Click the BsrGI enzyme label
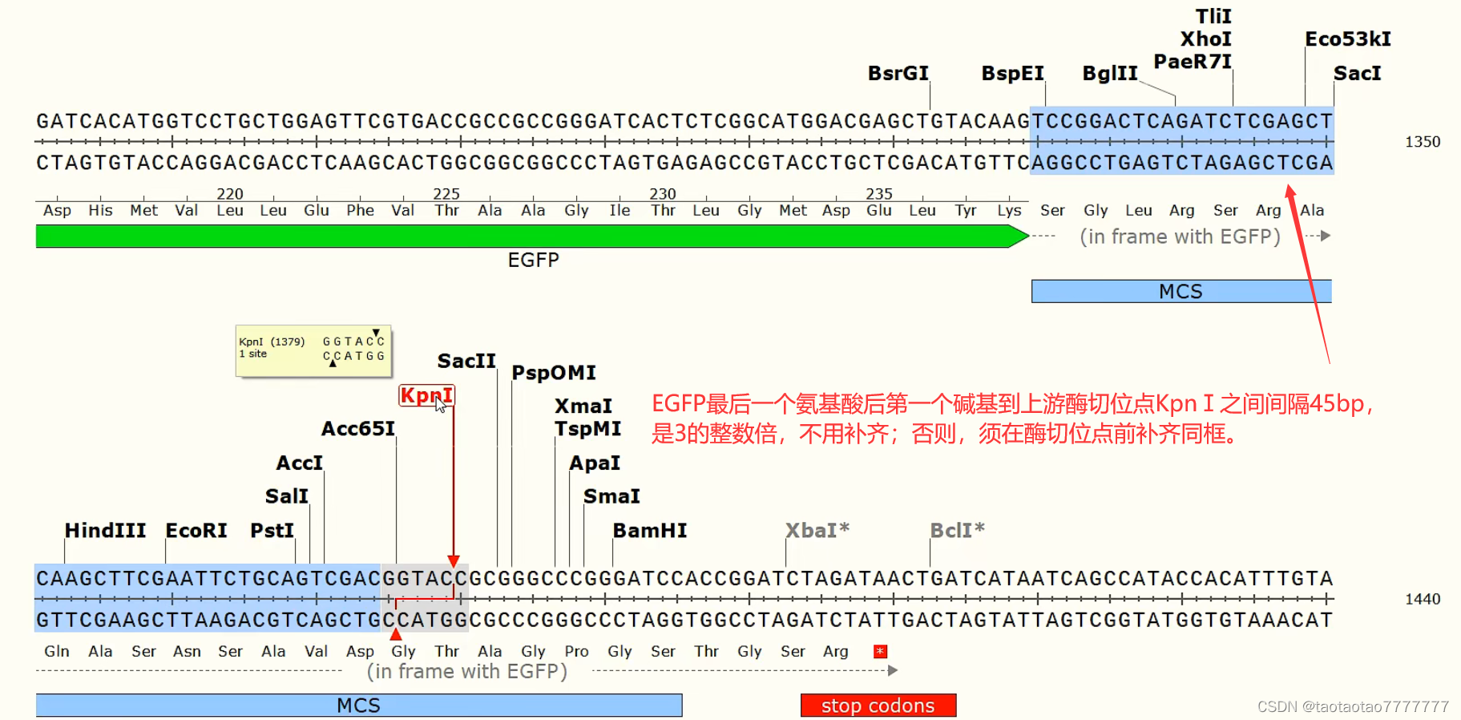[x=898, y=73]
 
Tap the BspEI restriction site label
[x=1012, y=73]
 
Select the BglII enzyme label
[x=1110, y=73]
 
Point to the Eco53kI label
[x=1348, y=38]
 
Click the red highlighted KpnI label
[x=426, y=395]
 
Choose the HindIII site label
[x=105, y=530]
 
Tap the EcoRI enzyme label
[x=196, y=530]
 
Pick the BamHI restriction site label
[x=650, y=530]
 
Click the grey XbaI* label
[x=817, y=530]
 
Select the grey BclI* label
[x=957, y=530]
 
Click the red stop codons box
[x=878, y=706]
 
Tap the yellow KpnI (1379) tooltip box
[x=313, y=350]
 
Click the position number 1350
[x=1423, y=142]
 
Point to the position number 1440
[x=1423, y=599]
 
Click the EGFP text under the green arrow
[x=534, y=260]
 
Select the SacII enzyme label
[x=466, y=361]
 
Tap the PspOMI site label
[x=554, y=373]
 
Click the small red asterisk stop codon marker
[x=880, y=651]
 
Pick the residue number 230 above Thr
[x=663, y=193]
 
